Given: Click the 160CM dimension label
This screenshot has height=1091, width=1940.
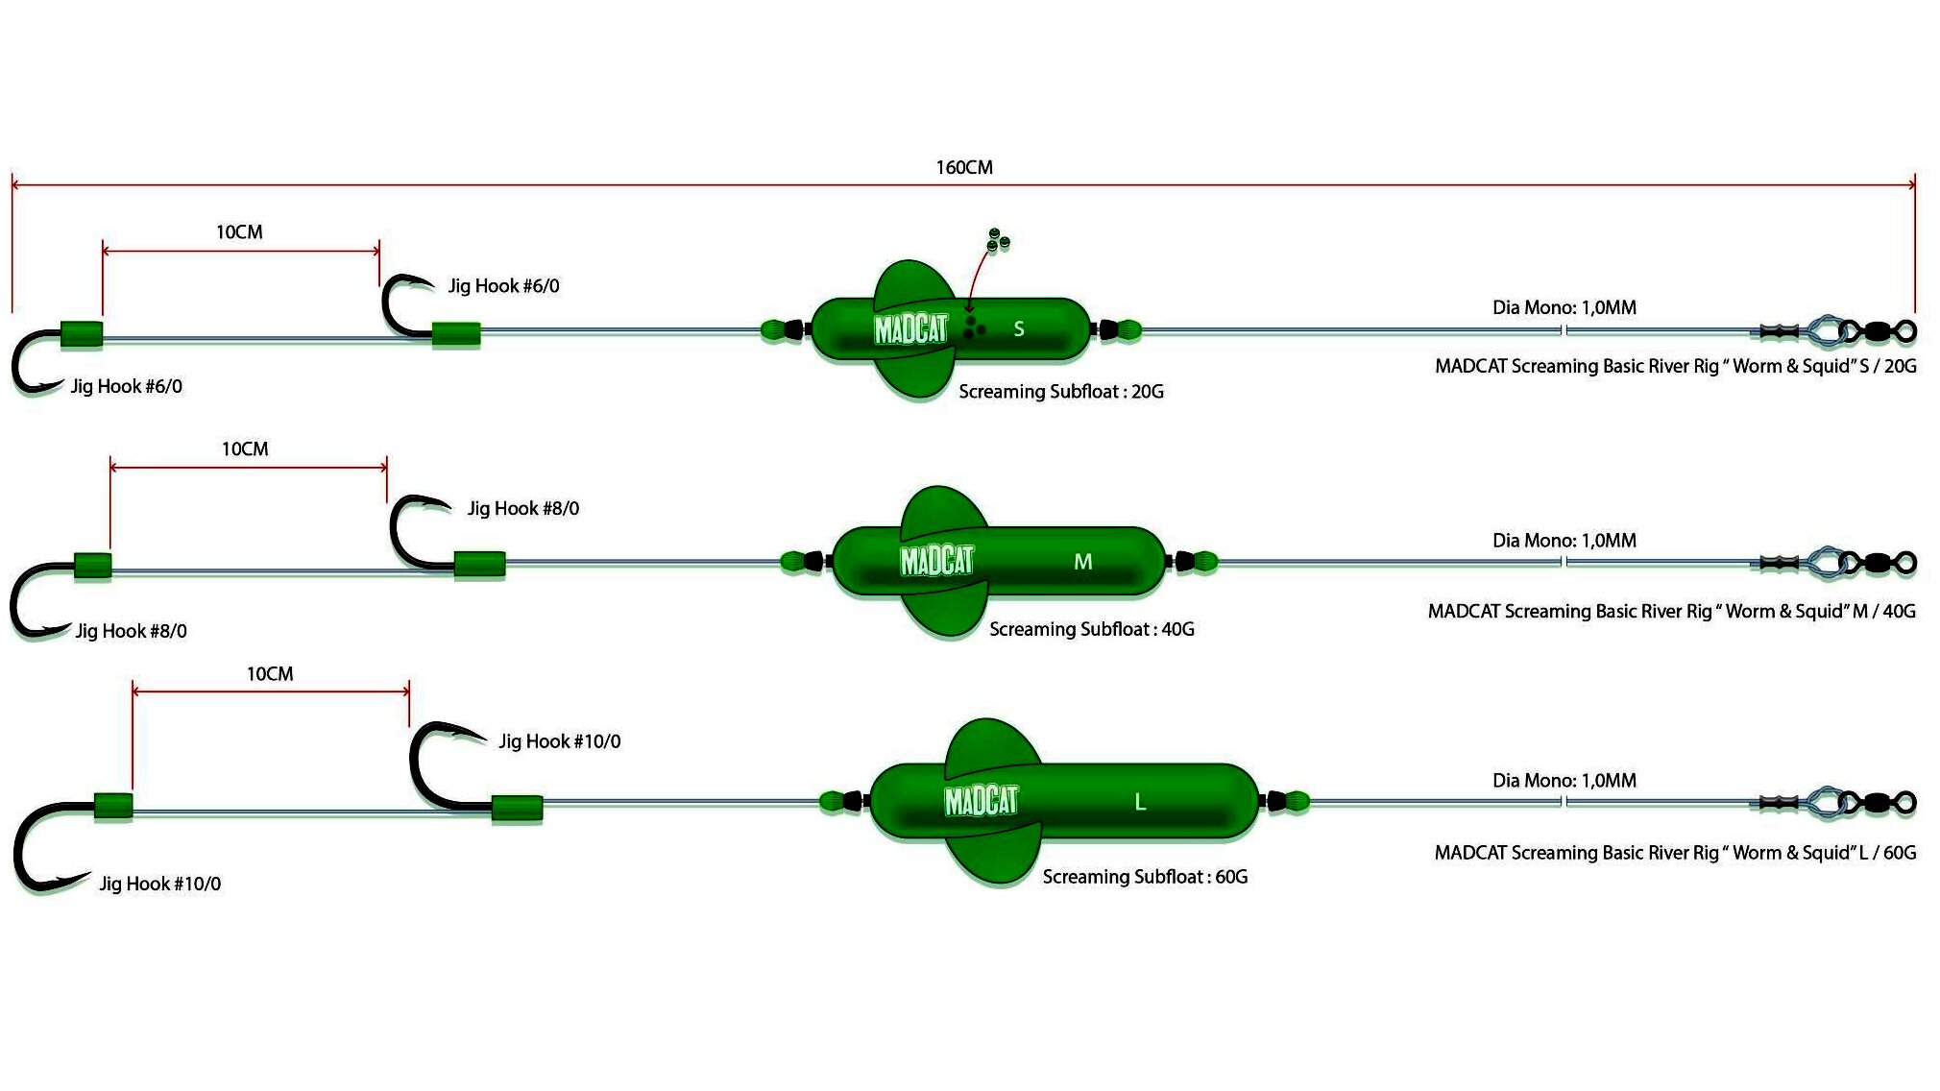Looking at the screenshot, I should click(x=964, y=167).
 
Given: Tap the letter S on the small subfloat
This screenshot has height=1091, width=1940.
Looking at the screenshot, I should click(x=1019, y=329).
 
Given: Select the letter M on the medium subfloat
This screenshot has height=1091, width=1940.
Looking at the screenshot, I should click(x=1082, y=562).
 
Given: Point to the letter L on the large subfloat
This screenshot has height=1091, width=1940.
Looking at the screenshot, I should click(x=1140, y=802).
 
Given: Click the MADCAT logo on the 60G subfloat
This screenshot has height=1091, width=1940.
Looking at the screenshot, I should click(x=981, y=800).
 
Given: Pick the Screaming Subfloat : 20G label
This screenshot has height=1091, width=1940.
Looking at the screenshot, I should click(x=1060, y=392).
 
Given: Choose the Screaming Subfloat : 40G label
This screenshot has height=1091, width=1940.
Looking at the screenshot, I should click(x=1091, y=630).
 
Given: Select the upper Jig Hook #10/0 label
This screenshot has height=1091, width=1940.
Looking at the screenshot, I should click(x=559, y=741).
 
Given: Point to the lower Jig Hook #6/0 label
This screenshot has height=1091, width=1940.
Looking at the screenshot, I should click(x=126, y=386).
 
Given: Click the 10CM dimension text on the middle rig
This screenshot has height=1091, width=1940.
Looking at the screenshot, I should click(x=245, y=449).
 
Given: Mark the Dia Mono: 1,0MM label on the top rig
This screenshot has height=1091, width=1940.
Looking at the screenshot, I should click(x=1564, y=308).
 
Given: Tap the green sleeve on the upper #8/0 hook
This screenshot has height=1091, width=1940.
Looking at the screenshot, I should click(x=479, y=564).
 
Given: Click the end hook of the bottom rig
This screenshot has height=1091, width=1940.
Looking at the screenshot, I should click(x=48, y=845).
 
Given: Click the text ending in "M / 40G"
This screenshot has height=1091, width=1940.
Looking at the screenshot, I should click(x=1671, y=612).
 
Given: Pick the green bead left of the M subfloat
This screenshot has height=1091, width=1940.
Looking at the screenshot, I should click(x=793, y=562).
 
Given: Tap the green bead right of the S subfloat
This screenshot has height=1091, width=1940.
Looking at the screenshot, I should click(x=1129, y=330).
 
